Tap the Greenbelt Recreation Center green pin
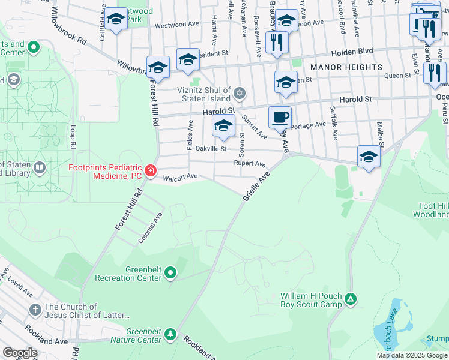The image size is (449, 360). (x=170, y=274)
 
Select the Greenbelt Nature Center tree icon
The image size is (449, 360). (x=170, y=334)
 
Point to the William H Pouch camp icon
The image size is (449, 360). (x=352, y=298)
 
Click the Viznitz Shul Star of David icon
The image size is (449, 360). (x=240, y=92)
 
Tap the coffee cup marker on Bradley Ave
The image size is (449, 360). (x=279, y=118)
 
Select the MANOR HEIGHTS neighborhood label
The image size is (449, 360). (x=346, y=67)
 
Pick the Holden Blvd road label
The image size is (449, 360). (x=365, y=51)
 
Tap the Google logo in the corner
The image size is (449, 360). (x=20, y=352)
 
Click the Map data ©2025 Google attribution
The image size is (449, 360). (x=412, y=355)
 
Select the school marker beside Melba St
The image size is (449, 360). (x=369, y=157)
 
